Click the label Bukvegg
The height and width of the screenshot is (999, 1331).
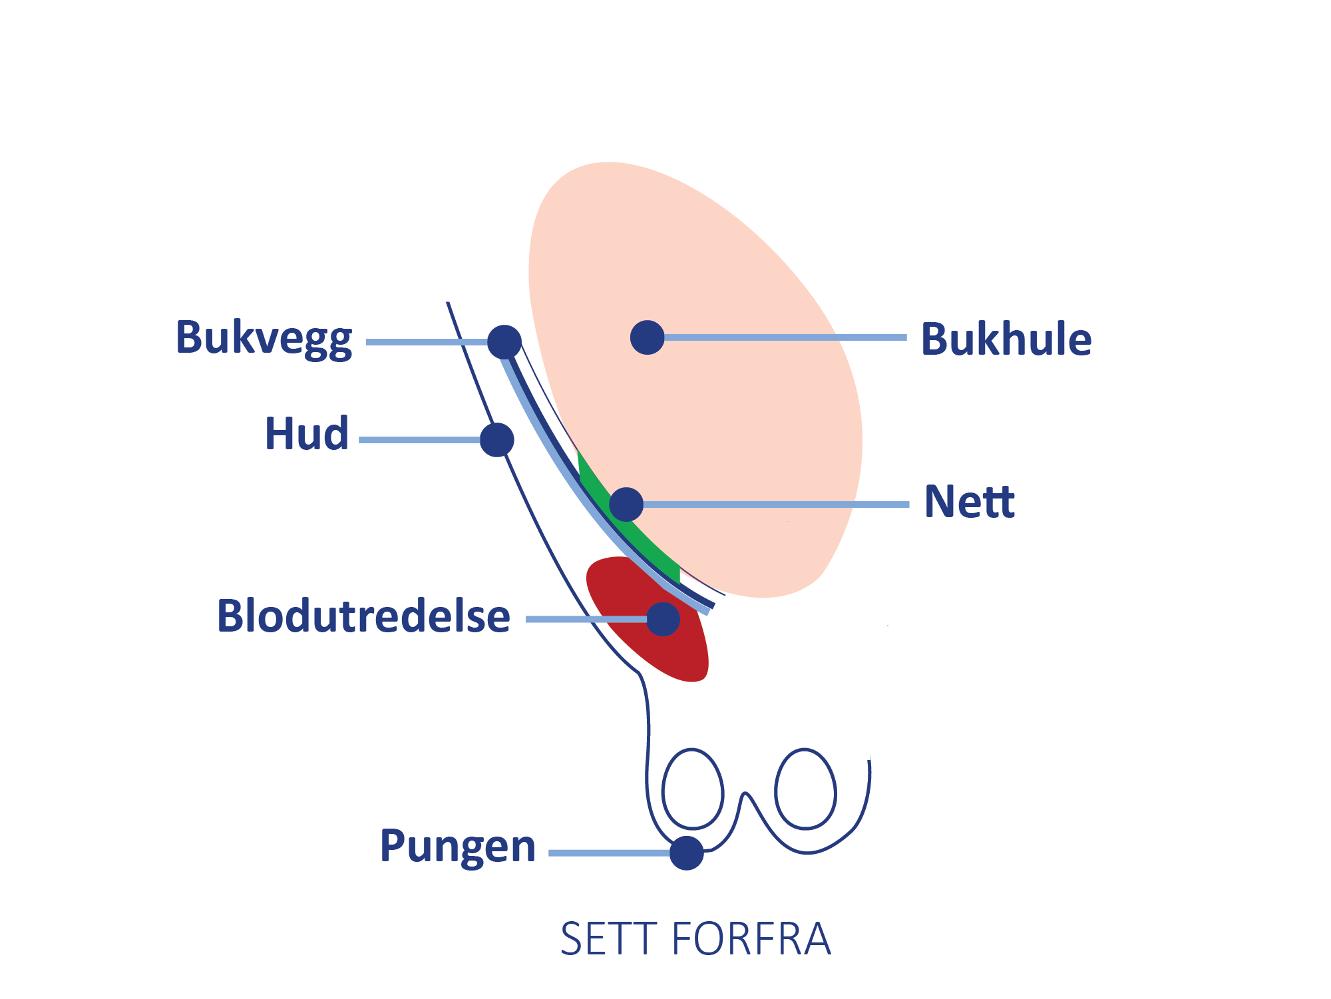pyautogui.click(x=264, y=338)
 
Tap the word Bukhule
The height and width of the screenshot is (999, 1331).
pyautogui.click(x=1006, y=339)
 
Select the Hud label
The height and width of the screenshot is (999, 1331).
pyautogui.click(x=307, y=433)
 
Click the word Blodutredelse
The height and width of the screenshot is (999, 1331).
pyautogui.click(x=363, y=616)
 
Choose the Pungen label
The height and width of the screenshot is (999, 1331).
pyautogui.click(x=457, y=847)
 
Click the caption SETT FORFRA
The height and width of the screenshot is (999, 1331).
pyautogui.click(x=695, y=939)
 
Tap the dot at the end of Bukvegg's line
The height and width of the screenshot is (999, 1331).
pyautogui.click(x=504, y=342)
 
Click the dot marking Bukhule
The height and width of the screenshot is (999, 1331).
pyautogui.click(x=648, y=337)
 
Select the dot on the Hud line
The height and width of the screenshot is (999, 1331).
pyautogui.click(x=496, y=440)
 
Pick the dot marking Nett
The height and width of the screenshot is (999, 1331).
pyautogui.click(x=626, y=504)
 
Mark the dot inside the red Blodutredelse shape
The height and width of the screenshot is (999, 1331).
pyautogui.click(x=663, y=619)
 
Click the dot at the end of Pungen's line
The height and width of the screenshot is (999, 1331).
pyautogui.click(x=687, y=853)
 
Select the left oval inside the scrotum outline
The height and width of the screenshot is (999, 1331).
pyautogui.click(x=693, y=789)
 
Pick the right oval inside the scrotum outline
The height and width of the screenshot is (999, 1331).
pyautogui.click(x=805, y=789)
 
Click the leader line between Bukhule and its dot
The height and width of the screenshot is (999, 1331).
pyautogui.click(x=785, y=337)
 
